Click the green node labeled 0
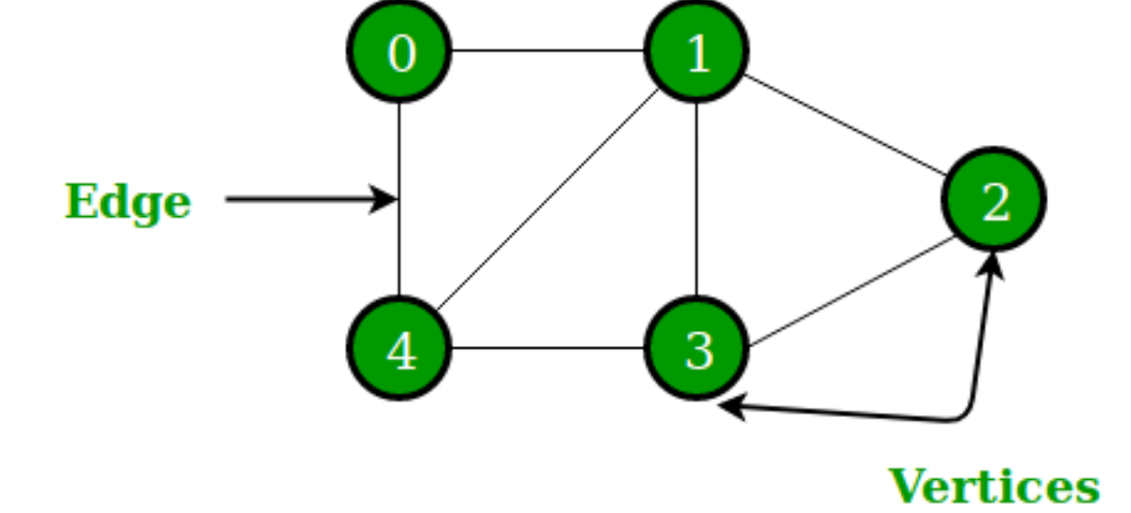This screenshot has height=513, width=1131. (400, 52)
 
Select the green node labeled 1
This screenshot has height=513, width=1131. (697, 52)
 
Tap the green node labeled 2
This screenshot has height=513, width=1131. (994, 200)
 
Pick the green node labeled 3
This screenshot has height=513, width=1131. (697, 348)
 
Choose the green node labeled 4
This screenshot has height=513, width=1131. (400, 348)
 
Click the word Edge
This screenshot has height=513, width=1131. (127, 202)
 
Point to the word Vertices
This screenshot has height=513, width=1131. (994, 487)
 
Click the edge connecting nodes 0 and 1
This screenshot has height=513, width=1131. (548, 51)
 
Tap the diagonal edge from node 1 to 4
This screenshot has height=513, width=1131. (548, 199)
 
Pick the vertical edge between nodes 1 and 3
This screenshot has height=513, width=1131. (697, 199)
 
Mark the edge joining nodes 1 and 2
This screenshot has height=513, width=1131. (845, 125)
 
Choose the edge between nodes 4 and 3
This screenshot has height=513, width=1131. (548, 348)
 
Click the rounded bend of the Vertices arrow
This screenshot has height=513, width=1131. (963, 415)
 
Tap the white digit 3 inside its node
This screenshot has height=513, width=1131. (698, 350)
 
